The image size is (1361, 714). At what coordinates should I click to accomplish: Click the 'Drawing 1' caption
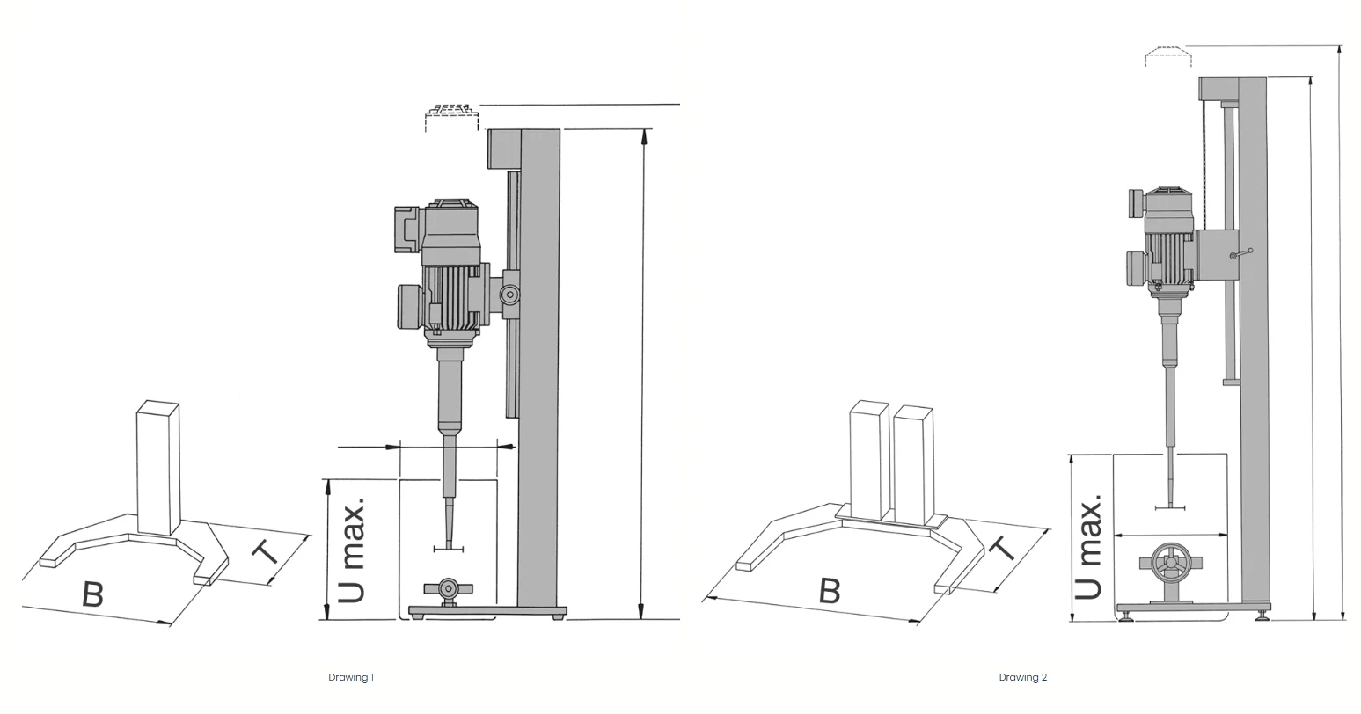click(x=351, y=677)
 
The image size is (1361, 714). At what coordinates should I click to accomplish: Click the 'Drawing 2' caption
click(x=1023, y=677)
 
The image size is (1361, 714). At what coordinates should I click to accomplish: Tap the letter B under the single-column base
click(x=92, y=594)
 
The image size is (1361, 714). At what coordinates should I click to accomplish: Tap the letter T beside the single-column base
click(x=266, y=552)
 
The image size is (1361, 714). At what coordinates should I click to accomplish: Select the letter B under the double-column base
click(x=830, y=590)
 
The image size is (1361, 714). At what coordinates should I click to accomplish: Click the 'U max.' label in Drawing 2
click(x=1087, y=546)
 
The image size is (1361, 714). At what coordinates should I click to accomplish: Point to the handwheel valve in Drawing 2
click(x=1171, y=565)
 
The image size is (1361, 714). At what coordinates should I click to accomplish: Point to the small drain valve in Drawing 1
click(x=449, y=589)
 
